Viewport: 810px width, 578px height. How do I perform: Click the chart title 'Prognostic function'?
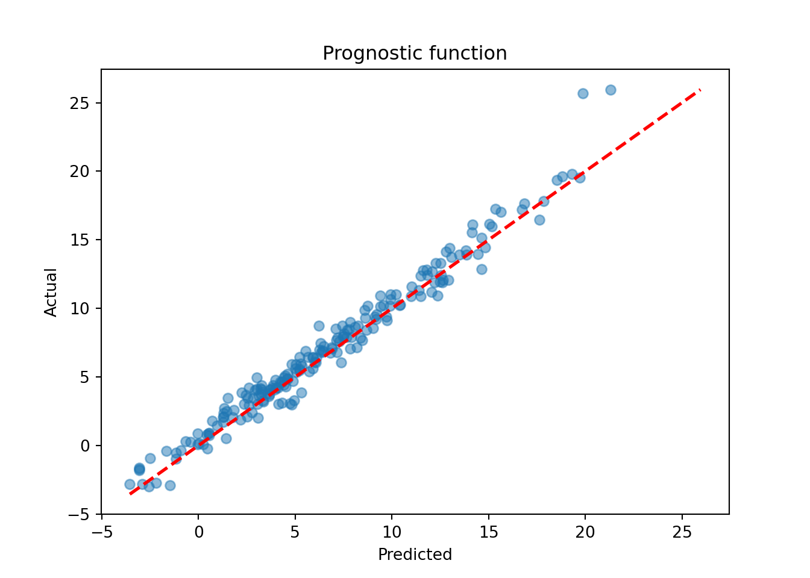(x=415, y=54)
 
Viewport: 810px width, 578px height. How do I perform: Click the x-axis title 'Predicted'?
(x=415, y=555)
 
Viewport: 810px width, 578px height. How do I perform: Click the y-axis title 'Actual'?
(x=51, y=292)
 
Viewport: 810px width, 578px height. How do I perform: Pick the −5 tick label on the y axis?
(x=78, y=515)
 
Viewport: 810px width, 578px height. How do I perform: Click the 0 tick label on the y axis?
(x=85, y=446)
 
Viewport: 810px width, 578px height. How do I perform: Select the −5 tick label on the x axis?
(x=101, y=532)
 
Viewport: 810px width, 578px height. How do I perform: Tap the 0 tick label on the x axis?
(x=198, y=532)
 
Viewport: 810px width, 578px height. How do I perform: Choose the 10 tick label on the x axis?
(x=392, y=532)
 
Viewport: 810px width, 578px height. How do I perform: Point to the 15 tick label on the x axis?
(x=488, y=532)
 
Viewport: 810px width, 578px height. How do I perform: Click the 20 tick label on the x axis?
(x=585, y=532)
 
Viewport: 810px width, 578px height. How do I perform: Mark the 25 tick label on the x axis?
(x=682, y=532)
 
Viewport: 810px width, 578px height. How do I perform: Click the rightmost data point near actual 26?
(x=611, y=90)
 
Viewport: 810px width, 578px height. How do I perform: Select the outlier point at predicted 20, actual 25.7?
(x=583, y=93)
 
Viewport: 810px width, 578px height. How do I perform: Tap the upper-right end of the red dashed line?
(x=700, y=90)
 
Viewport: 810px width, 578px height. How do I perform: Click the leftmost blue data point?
(x=130, y=484)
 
